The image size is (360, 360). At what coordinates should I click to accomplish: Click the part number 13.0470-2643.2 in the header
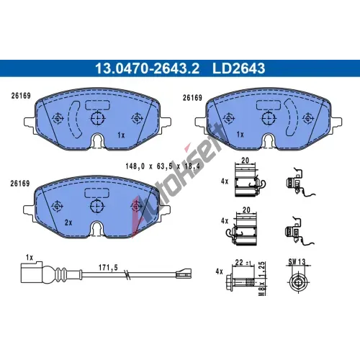[147, 68]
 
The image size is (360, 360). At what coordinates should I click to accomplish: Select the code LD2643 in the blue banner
[238, 68]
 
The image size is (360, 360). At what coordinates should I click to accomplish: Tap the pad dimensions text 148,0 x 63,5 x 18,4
[163, 166]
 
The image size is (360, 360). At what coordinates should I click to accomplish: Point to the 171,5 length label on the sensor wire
[108, 267]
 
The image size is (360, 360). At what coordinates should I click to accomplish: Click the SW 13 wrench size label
[297, 261]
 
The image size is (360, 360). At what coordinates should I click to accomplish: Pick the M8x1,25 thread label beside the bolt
[263, 279]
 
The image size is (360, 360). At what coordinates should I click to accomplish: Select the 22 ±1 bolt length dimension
[243, 262]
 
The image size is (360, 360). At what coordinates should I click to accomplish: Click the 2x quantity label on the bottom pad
[68, 222]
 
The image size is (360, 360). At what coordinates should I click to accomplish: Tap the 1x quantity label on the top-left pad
[121, 135]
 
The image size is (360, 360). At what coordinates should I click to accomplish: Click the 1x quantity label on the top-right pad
[240, 135]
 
